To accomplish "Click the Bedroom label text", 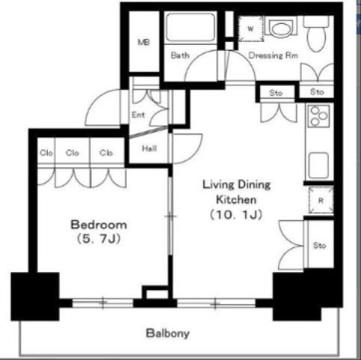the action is click(99, 225).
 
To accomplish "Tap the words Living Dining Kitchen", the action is click(236, 192).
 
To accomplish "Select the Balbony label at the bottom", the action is click(167, 333).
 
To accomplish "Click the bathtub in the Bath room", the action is click(191, 27).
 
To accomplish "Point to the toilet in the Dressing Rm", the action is click(316, 34).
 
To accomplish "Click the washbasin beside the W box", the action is click(281, 28).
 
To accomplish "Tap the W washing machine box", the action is click(251, 28).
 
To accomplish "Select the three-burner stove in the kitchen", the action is click(318, 116).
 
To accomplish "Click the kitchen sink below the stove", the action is click(318, 165).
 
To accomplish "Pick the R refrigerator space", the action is click(321, 200).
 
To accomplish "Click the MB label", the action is click(144, 43).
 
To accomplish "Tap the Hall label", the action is click(149, 149).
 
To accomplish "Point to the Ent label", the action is click(138, 115).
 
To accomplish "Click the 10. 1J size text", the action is click(236, 214).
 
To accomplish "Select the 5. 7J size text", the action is click(99, 239).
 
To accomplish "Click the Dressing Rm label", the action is click(274, 55).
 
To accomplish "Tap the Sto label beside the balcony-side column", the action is click(319, 246).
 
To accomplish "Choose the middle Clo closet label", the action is click(72, 152).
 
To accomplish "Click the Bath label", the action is click(180, 55).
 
